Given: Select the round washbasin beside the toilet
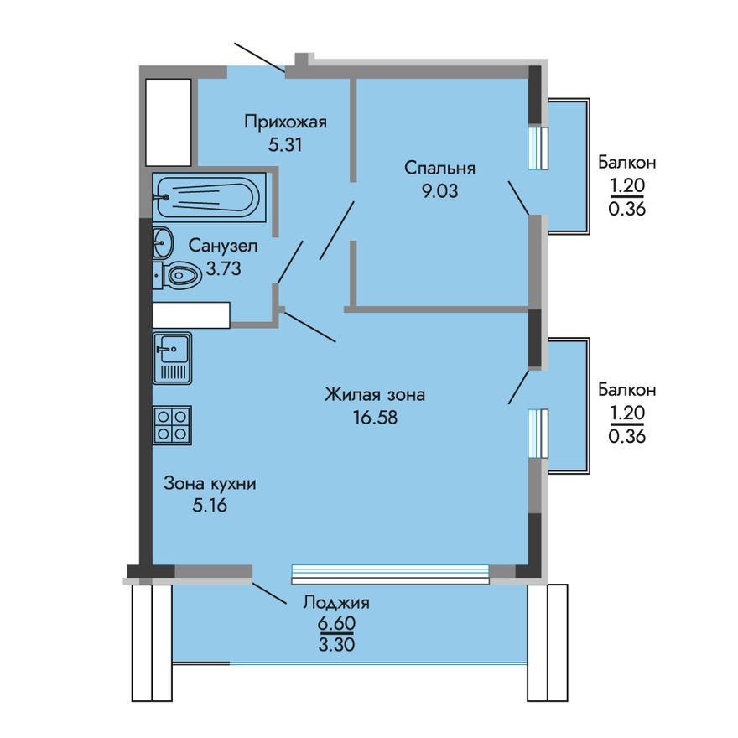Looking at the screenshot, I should (163, 243).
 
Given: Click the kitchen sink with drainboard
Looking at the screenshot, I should (173, 358).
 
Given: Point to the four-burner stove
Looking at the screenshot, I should (173, 424).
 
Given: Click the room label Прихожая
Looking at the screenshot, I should (284, 122).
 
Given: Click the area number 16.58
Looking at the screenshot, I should (375, 416).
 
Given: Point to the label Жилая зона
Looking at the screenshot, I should (375, 393).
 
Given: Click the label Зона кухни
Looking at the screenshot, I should (209, 483).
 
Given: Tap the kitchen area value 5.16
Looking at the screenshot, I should (209, 505).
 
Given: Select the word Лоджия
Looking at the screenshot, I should (336, 602).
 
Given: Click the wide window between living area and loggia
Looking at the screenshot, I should (389, 574).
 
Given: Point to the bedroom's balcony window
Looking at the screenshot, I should (538, 148).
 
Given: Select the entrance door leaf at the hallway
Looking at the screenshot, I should (261, 58).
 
